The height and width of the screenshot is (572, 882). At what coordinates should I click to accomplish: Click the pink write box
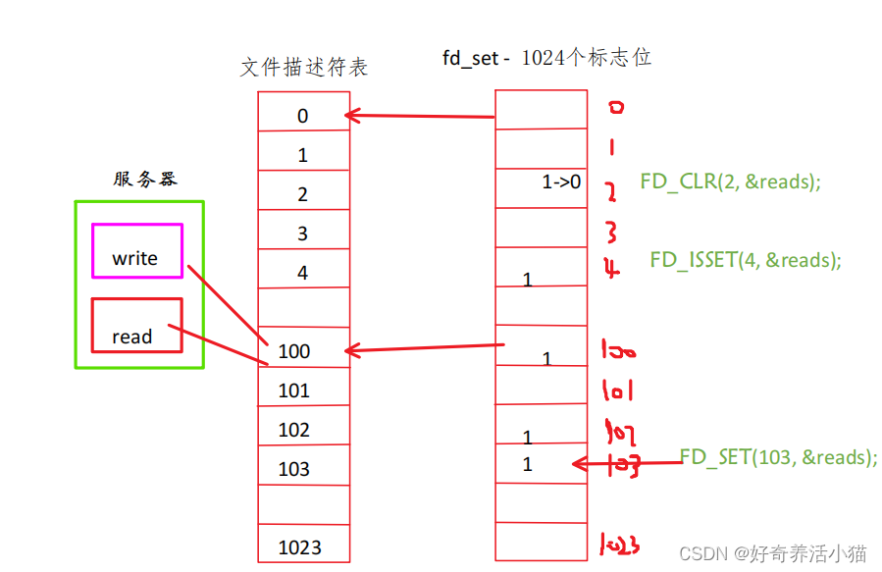click(x=137, y=251)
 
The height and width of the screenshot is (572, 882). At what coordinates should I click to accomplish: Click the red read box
click(x=137, y=325)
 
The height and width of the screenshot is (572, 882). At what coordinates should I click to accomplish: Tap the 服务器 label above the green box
click(x=145, y=179)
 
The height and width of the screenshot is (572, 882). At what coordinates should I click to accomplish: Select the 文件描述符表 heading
click(x=303, y=67)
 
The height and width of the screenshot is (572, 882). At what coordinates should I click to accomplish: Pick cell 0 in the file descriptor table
click(x=303, y=116)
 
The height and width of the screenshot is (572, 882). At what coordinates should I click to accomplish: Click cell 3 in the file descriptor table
click(x=303, y=234)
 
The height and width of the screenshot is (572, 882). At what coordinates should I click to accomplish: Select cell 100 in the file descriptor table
click(x=303, y=351)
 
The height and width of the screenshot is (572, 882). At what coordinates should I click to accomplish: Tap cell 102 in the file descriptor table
click(x=303, y=430)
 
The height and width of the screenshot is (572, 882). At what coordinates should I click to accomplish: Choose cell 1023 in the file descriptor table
click(x=303, y=546)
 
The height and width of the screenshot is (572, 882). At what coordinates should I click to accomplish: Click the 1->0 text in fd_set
click(x=561, y=182)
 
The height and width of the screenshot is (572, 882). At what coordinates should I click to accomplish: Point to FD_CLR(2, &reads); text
click(x=730, y=182)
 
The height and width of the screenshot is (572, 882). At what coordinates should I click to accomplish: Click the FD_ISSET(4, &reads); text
click(x=746, y=260)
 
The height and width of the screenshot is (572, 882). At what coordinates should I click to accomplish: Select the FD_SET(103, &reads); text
click(x=778, y=457)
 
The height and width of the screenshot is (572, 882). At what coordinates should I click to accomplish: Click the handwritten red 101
click(x=617, y=390)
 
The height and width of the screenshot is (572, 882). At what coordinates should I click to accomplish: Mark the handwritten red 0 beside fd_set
click(x=615, y=107)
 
